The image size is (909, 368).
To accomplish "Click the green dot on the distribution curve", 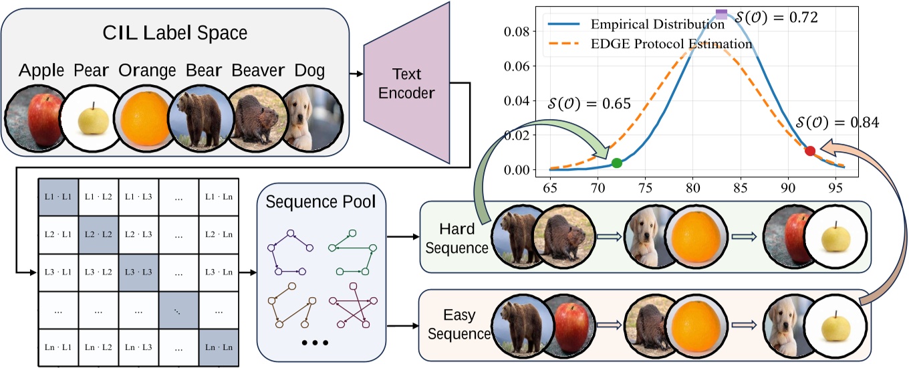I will [616, 163].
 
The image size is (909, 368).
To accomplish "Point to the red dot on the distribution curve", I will [810, 151].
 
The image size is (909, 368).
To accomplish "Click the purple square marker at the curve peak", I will [721, 14].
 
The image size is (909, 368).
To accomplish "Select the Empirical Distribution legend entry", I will [658, 25].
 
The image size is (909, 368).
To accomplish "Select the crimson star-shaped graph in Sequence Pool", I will [349, 313].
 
